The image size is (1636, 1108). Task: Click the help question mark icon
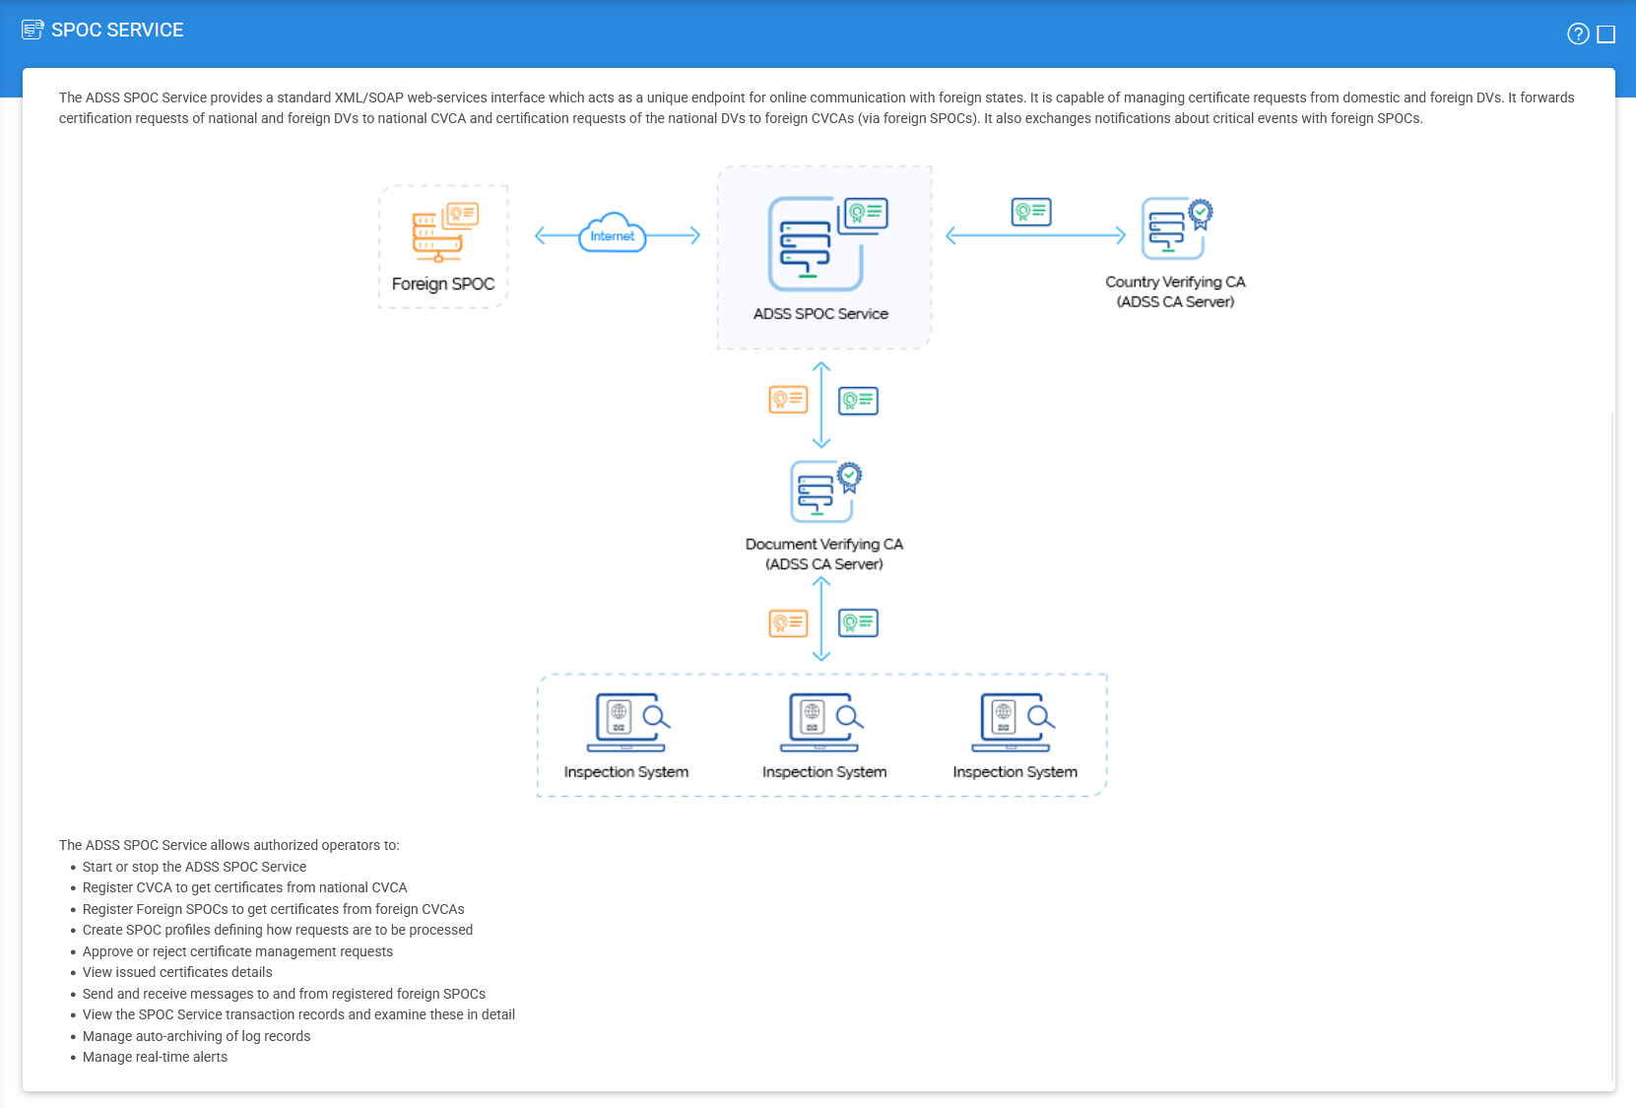[x=1578, y=33]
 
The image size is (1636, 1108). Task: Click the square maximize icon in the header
[x=1605, y=33]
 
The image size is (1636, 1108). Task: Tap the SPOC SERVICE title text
[x=117, y=30]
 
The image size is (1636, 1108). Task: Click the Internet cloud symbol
[x=612, y=233]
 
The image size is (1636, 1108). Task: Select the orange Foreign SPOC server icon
[x=445, y=232]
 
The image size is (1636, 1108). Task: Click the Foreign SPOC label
[x=442, y=284]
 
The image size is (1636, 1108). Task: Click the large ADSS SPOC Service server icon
[x=827, y=243]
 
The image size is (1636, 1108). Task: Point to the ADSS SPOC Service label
[x=820, y=313]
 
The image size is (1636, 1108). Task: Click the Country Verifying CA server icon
[x=1177, y=228]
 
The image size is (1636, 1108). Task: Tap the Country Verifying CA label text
[x=1175, y=292]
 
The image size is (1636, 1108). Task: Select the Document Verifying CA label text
[x=823, y=554]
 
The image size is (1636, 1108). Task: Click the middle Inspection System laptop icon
[x=820, y=722]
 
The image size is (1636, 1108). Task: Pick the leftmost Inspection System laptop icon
[x=628, y=722]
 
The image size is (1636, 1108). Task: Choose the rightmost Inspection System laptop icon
[x=1013, y=722]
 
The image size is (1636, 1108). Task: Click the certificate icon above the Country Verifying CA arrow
[x=1031, y=212]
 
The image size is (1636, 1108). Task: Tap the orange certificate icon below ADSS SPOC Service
[x=788, y=400]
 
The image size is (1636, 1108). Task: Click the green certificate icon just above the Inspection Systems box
[x=858, y=622]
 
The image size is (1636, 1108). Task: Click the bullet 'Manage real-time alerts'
[x=155, y=1057]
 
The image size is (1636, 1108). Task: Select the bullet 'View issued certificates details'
[x=177, y=972]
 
